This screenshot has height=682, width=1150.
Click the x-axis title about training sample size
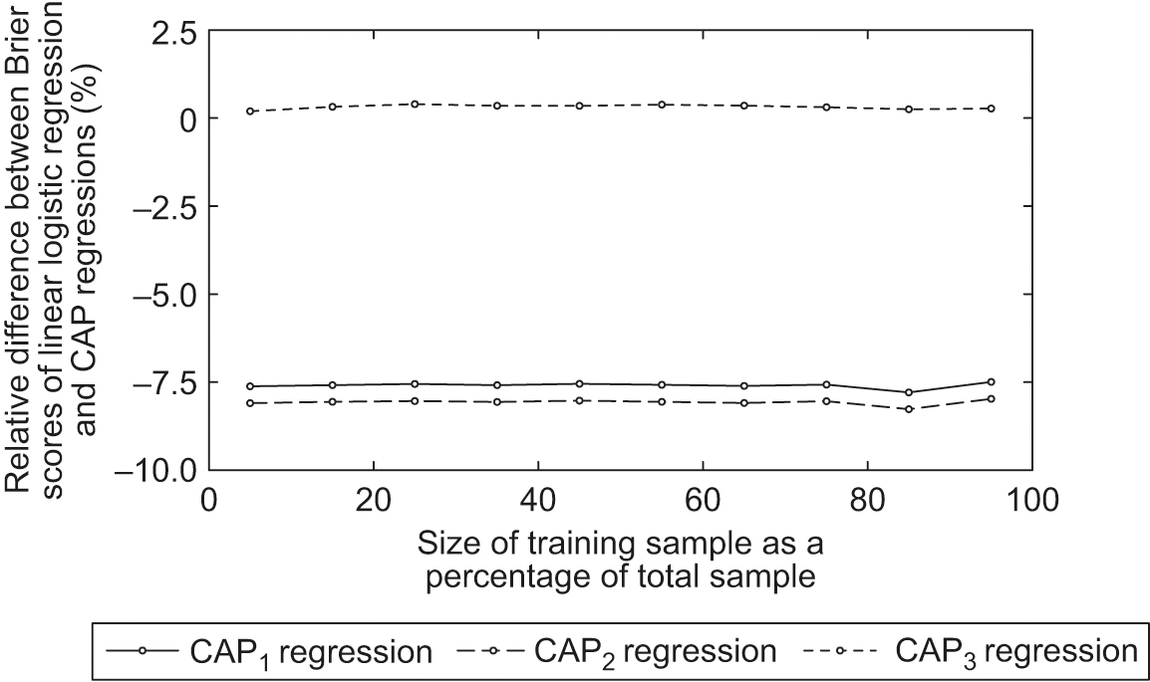coord(620,561)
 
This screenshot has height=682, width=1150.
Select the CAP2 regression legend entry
coord(615,652)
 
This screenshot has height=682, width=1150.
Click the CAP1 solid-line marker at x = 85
coord(909,392)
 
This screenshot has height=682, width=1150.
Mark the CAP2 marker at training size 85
coord(909,409)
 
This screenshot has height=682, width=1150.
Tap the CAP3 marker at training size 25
coord(415,104)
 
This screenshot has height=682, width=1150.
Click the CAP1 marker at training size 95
coord(991,381)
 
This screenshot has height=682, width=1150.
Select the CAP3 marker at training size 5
coord(250,112)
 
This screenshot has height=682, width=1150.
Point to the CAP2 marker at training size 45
coord(579,400)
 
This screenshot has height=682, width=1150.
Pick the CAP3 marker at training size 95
coord(991,108)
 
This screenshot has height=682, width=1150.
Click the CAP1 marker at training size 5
coord(250,386)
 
